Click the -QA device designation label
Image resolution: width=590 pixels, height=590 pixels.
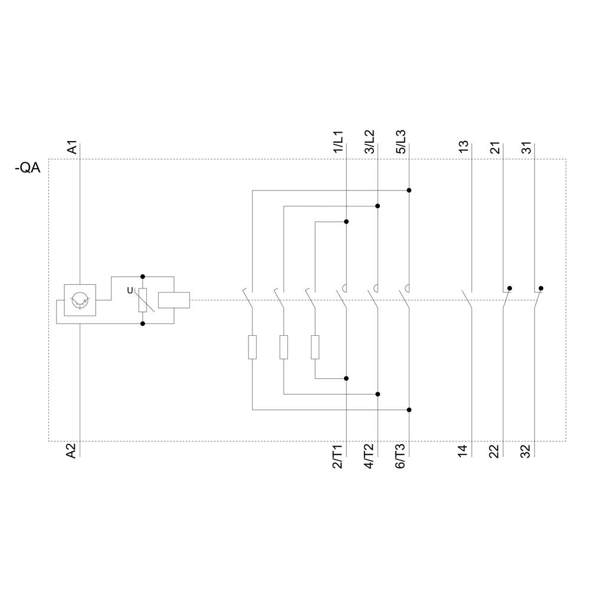(27, 169)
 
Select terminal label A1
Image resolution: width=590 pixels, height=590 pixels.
(71, 147)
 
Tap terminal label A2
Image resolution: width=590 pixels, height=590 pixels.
(71, 452)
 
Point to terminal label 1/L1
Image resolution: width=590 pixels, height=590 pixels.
(338, 143)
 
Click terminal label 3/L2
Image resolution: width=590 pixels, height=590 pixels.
(369, 142)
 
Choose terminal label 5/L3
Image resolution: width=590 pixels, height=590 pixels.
(401, 142)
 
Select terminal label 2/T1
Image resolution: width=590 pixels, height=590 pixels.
(338, 457)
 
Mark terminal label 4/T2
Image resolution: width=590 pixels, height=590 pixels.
(369, 457)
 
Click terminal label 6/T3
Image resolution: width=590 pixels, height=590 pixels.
(401, 457)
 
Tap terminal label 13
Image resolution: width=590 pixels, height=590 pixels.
(464, 147)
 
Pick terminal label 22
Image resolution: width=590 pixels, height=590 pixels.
(495, 451)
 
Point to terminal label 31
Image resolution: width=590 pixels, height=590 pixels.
(526, 147)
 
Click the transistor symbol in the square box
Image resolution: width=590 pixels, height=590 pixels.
(79, 300)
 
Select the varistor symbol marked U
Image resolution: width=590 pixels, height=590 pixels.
(142, 300)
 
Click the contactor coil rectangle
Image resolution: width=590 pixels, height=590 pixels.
(175, 300)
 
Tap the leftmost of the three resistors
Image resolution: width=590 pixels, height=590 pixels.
(253, 347)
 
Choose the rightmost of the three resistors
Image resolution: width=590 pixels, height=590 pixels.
(315, 347)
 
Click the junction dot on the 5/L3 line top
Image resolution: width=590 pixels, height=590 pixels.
(409, 191)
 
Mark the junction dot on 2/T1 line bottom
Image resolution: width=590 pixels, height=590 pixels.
(346, 378)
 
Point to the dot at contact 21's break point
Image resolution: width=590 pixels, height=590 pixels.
(510, 289)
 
